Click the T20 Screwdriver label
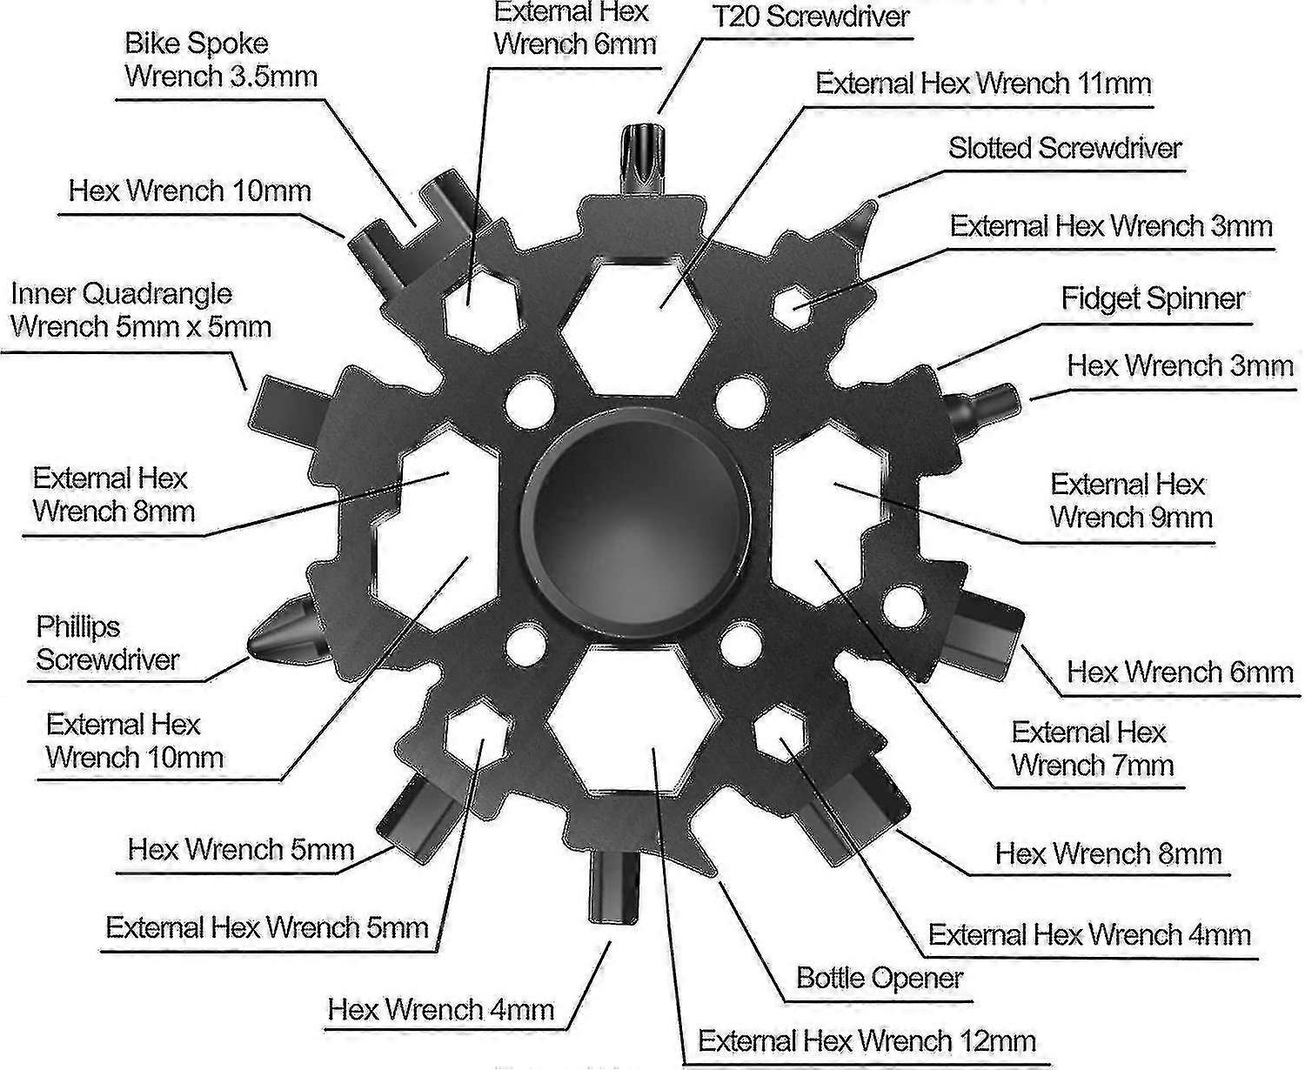(810, 17)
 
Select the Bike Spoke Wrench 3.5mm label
(221, 59)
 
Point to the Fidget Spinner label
(1152, 298)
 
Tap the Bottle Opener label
(880, 978)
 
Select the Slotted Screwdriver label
(1065, 148)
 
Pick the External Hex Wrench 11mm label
(983, 84)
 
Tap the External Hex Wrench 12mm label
(867, 1040)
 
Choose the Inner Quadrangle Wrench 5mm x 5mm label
(141, 310)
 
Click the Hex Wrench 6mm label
(1180, 672)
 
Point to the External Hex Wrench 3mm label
(1111, 226)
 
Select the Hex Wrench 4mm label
(441, 1009)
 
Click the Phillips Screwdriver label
(106, 643)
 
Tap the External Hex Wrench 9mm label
(1130, 500)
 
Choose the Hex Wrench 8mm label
(1108, 853)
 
